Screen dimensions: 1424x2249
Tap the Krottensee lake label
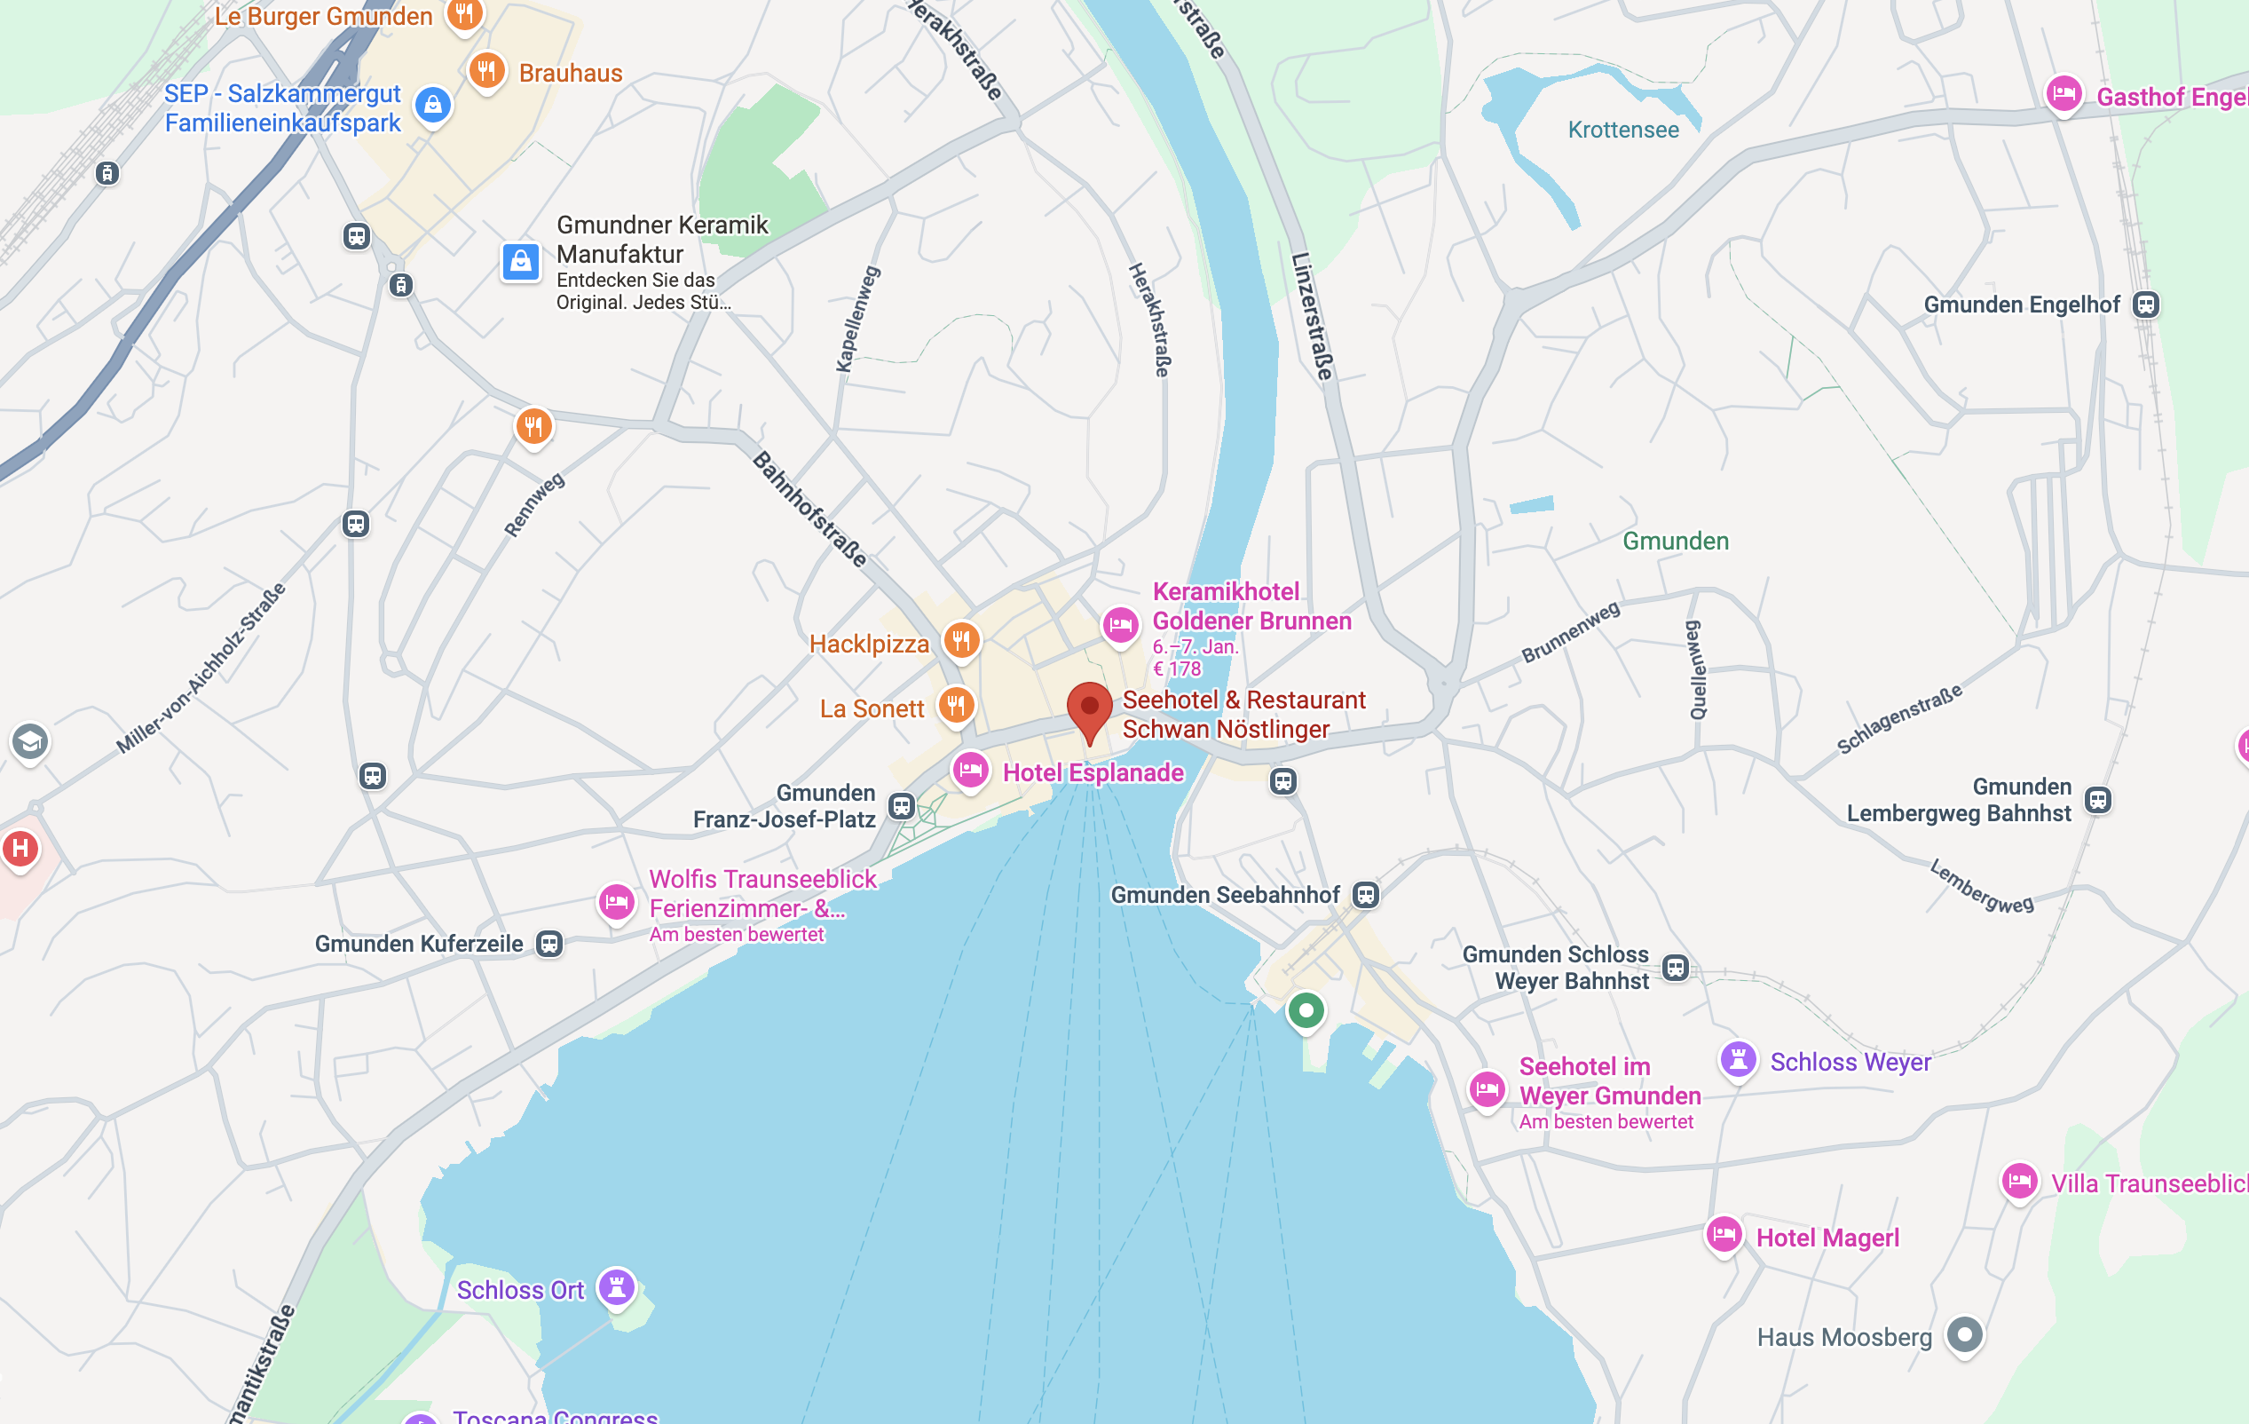(x=1623, y=130)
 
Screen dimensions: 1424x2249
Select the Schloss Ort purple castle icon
(x=617, y=1287)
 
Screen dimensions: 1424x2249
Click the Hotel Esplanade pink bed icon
(x=970, y=771)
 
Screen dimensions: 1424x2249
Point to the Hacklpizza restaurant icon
(x=961, y=641)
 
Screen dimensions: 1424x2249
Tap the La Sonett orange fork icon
(x=956, y=706)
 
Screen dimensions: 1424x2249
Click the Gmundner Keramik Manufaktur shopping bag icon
(x=521, y=262)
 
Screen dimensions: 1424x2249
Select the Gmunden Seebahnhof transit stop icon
(x=1365, y=895)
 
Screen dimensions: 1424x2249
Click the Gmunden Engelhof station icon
(x=2146, y=305)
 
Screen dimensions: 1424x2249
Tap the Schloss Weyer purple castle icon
(x=1738, y=1060)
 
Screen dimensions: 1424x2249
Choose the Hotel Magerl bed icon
(x=1724, y=1235)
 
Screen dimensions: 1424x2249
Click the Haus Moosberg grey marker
(x=1964, y=1334)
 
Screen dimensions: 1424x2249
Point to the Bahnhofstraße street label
(x=809, y=510)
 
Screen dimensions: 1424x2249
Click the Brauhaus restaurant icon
(x=486, y=71)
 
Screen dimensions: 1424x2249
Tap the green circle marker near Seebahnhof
(x=1306, y=1010)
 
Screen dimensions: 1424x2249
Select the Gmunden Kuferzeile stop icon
(x=549, y=944)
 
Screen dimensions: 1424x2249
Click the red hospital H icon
(x=20, y=850)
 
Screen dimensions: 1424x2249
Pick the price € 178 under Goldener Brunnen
(x=1177, y=669)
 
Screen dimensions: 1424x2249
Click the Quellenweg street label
(x=1696, y=670)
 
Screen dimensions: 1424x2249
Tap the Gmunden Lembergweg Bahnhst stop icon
(x=2098, y=800)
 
